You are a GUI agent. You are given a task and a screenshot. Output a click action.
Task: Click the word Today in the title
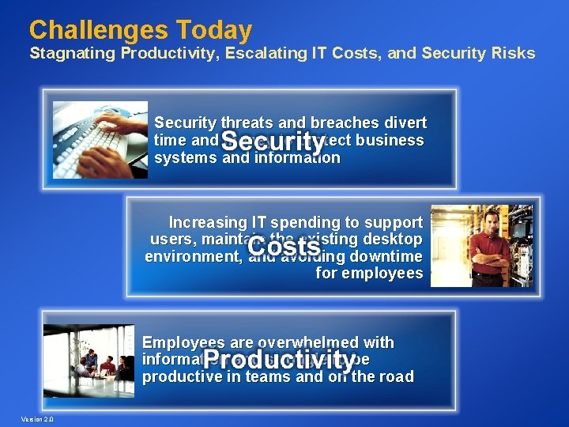(215, 30)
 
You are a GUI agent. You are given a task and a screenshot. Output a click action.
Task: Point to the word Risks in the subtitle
(513, 54)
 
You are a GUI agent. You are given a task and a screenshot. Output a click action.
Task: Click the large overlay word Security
(273, 142)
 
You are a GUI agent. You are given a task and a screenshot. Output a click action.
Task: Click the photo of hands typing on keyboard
(100, 140)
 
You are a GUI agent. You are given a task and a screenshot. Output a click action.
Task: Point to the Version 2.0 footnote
(38, 418)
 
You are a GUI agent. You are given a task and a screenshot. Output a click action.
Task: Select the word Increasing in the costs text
(208, 222)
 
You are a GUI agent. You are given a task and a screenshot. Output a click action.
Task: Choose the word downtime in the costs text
(383, 257)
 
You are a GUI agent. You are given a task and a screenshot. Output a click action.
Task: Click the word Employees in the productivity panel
(184, 343)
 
